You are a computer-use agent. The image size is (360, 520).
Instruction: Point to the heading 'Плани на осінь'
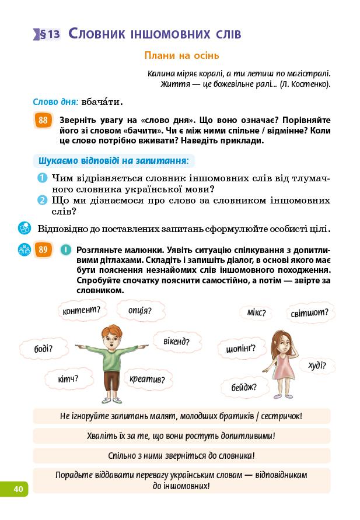181,56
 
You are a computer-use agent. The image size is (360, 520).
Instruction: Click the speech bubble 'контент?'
81,310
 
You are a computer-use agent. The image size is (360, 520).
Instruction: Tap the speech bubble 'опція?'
139,310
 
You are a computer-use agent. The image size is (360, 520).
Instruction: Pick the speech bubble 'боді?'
43,349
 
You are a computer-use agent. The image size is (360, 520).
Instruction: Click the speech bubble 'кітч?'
68,379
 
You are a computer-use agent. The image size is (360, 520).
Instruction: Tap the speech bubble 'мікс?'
256,313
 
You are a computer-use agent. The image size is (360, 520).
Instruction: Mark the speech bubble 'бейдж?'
243,386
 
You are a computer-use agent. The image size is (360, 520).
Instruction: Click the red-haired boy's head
110,337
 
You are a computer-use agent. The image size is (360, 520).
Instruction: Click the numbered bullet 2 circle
42,201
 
